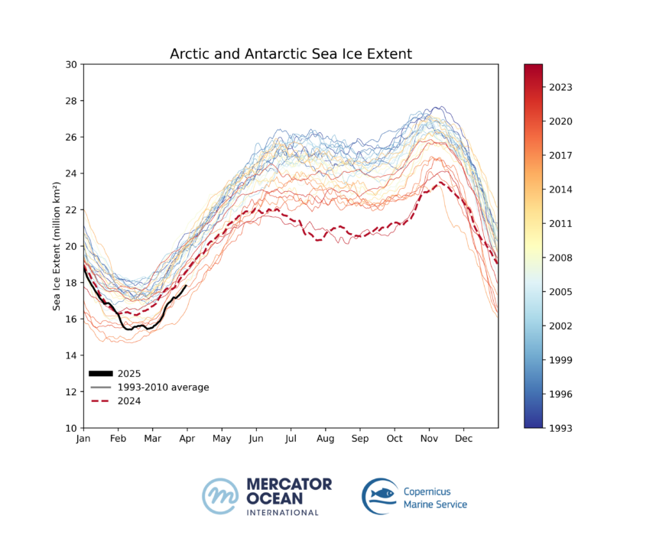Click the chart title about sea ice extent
[291, 54]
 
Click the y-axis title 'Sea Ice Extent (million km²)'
[57, 246]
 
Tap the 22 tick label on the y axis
[71, 209]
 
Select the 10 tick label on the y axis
[71, 428]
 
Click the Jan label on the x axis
[83, 439]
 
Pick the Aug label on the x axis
[326, 439]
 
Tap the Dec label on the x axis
[463, 439]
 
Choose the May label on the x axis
[222, 439]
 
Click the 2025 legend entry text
[129, 373]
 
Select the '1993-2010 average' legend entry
[163, 387]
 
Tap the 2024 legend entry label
[129, 401]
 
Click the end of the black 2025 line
[186, 286]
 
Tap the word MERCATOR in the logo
[289, 485]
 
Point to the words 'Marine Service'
[434, 504]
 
